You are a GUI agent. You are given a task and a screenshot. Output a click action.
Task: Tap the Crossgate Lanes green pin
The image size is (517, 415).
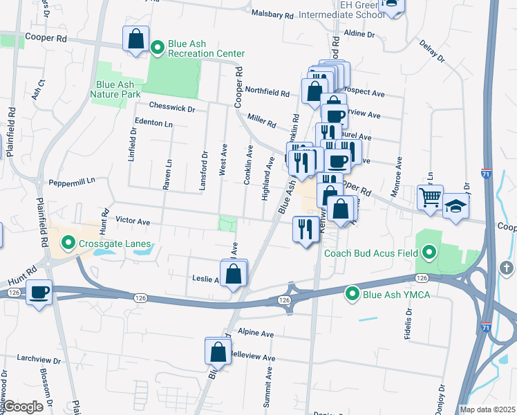68,242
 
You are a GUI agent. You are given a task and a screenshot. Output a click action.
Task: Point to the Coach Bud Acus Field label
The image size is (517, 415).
371,253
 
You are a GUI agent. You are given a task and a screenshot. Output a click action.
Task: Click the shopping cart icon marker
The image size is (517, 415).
430,197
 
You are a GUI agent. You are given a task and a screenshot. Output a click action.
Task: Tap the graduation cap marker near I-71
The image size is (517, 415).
455,206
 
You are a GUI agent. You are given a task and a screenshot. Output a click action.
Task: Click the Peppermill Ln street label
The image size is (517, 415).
71,181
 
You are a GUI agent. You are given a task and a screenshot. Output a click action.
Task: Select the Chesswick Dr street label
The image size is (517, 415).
173,108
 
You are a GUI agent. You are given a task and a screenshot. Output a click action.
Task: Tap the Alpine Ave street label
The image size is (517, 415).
256,333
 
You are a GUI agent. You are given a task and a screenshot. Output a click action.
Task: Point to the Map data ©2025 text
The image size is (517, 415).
487,409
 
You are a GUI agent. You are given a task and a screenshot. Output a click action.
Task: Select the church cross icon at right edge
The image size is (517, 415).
507,267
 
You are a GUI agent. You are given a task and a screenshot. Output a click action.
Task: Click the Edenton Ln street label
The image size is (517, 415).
153,122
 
